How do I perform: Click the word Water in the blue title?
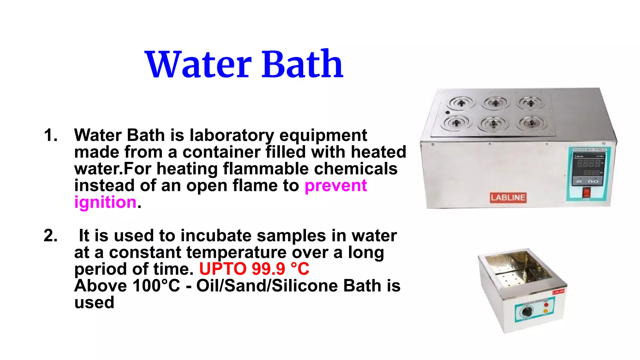click(x=198, y=65)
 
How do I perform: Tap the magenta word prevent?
click(x=336, y=186)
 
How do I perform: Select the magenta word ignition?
click(x=105, y=202)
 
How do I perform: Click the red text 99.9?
click(x=268, y=269)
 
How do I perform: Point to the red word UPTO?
click(x=223, y=269)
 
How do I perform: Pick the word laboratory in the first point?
click(x=232, y=135)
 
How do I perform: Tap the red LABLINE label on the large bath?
click(x=508, y=197)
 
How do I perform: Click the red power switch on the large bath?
click(x=587, y=192)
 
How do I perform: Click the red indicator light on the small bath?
click(x=546, y=305)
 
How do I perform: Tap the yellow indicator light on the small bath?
click(x=546, y=311)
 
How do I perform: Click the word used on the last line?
click(x=94, y=302)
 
